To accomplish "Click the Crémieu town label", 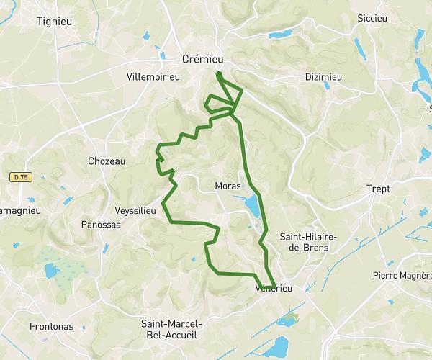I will (x=206, y=58).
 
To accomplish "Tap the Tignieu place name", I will (x=59, y=21).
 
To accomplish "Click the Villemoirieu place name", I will (x=156, y=75).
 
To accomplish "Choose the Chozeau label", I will (x=106, y=161).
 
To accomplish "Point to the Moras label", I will (x=228, y=186).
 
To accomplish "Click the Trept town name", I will (x=377, y=189).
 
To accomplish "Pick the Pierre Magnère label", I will (x=400, y=275).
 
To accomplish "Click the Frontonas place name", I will (x=52, y=326).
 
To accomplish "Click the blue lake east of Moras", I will (x=253, y=207).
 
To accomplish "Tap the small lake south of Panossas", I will (x=52, y=271).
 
